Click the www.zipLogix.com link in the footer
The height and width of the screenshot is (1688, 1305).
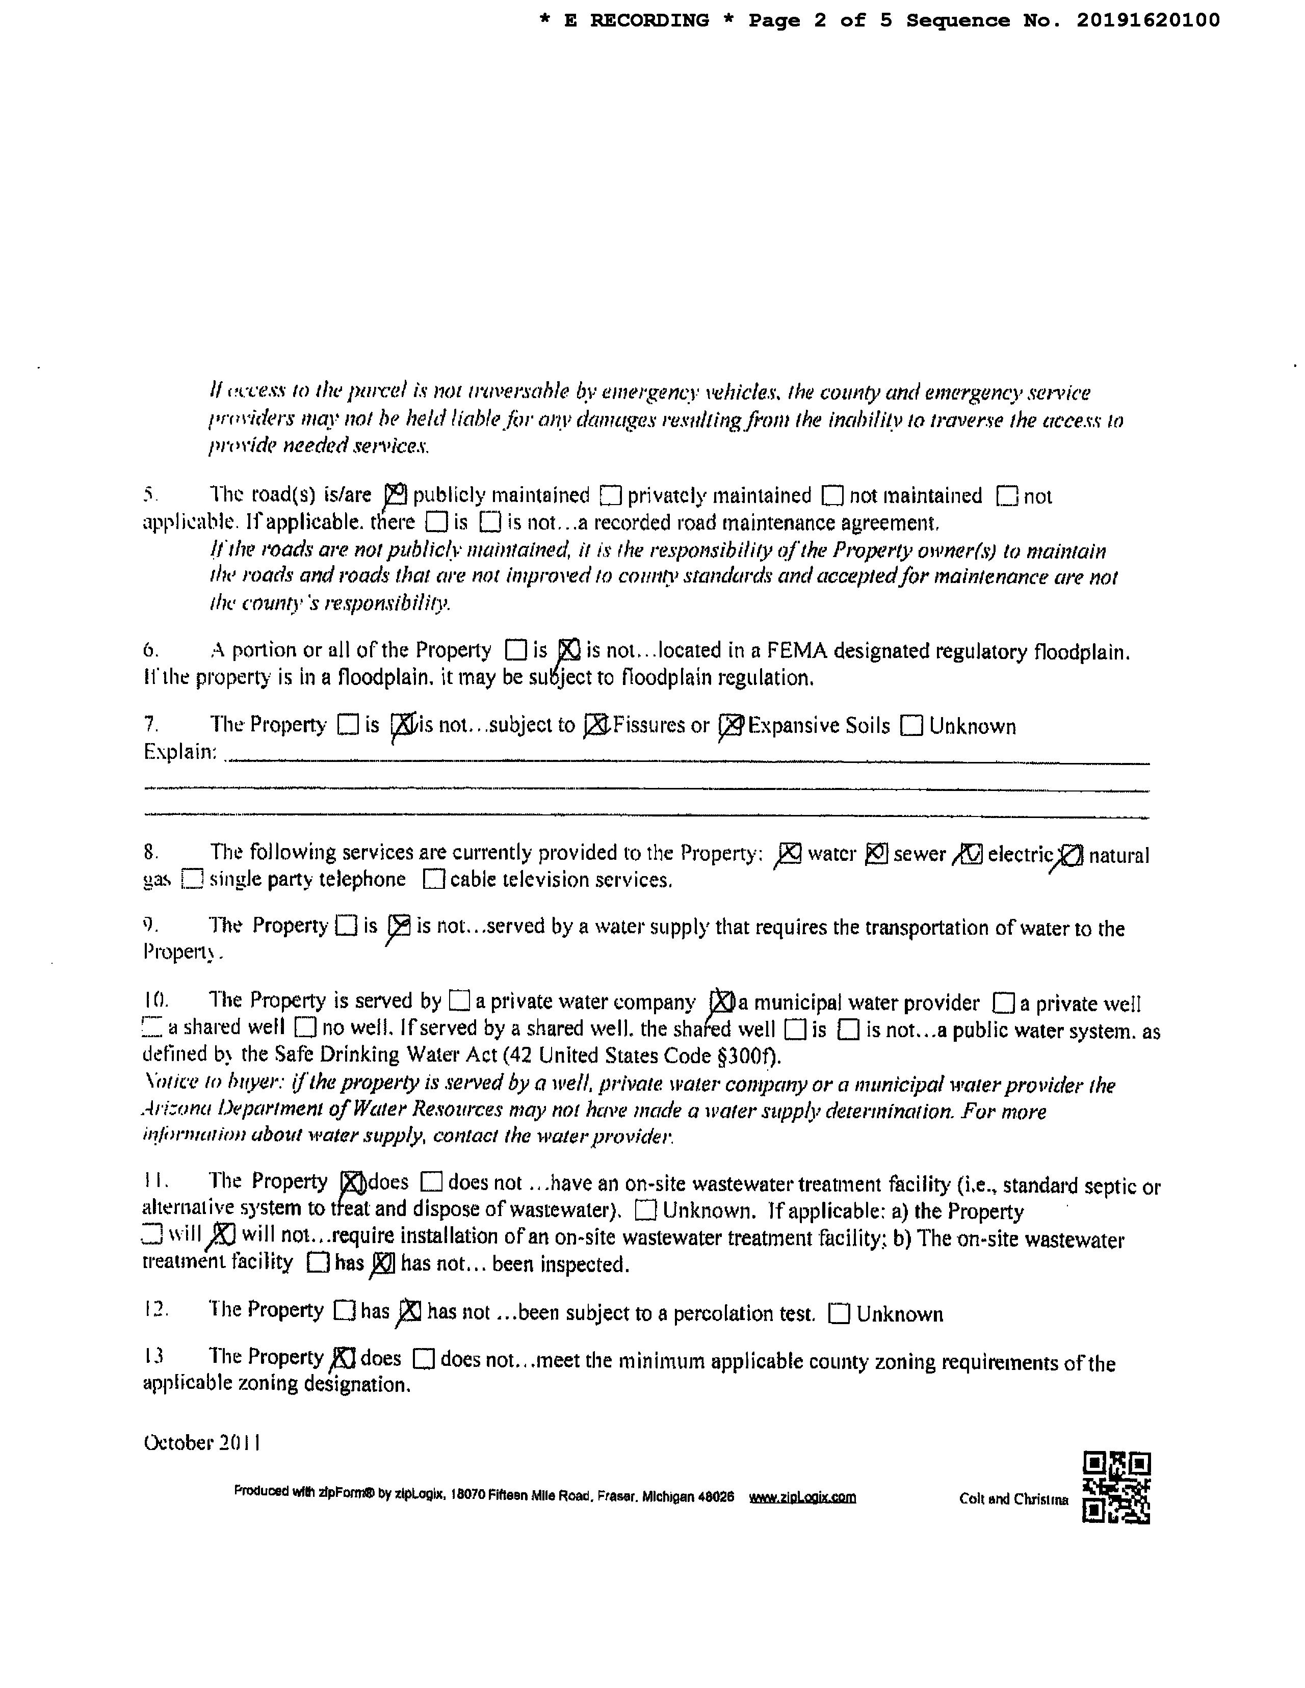(x=802, y=1497)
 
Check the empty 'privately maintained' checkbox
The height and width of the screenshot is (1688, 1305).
(x=611, y=495)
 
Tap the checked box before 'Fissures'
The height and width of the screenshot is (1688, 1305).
(x=596, y=725)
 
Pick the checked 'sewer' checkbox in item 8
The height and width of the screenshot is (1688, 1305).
(x=876, y=853)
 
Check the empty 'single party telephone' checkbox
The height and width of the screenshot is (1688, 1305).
(x=192, y=880)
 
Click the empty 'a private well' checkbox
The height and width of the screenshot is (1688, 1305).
(x=1004, y=1003)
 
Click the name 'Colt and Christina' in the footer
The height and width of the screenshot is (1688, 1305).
(x=1013, y=1498)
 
